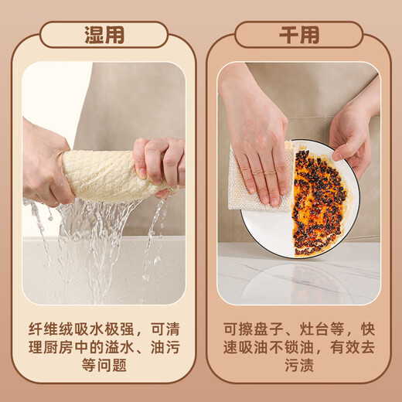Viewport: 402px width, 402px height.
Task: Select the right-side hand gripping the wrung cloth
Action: click(158, 162)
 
